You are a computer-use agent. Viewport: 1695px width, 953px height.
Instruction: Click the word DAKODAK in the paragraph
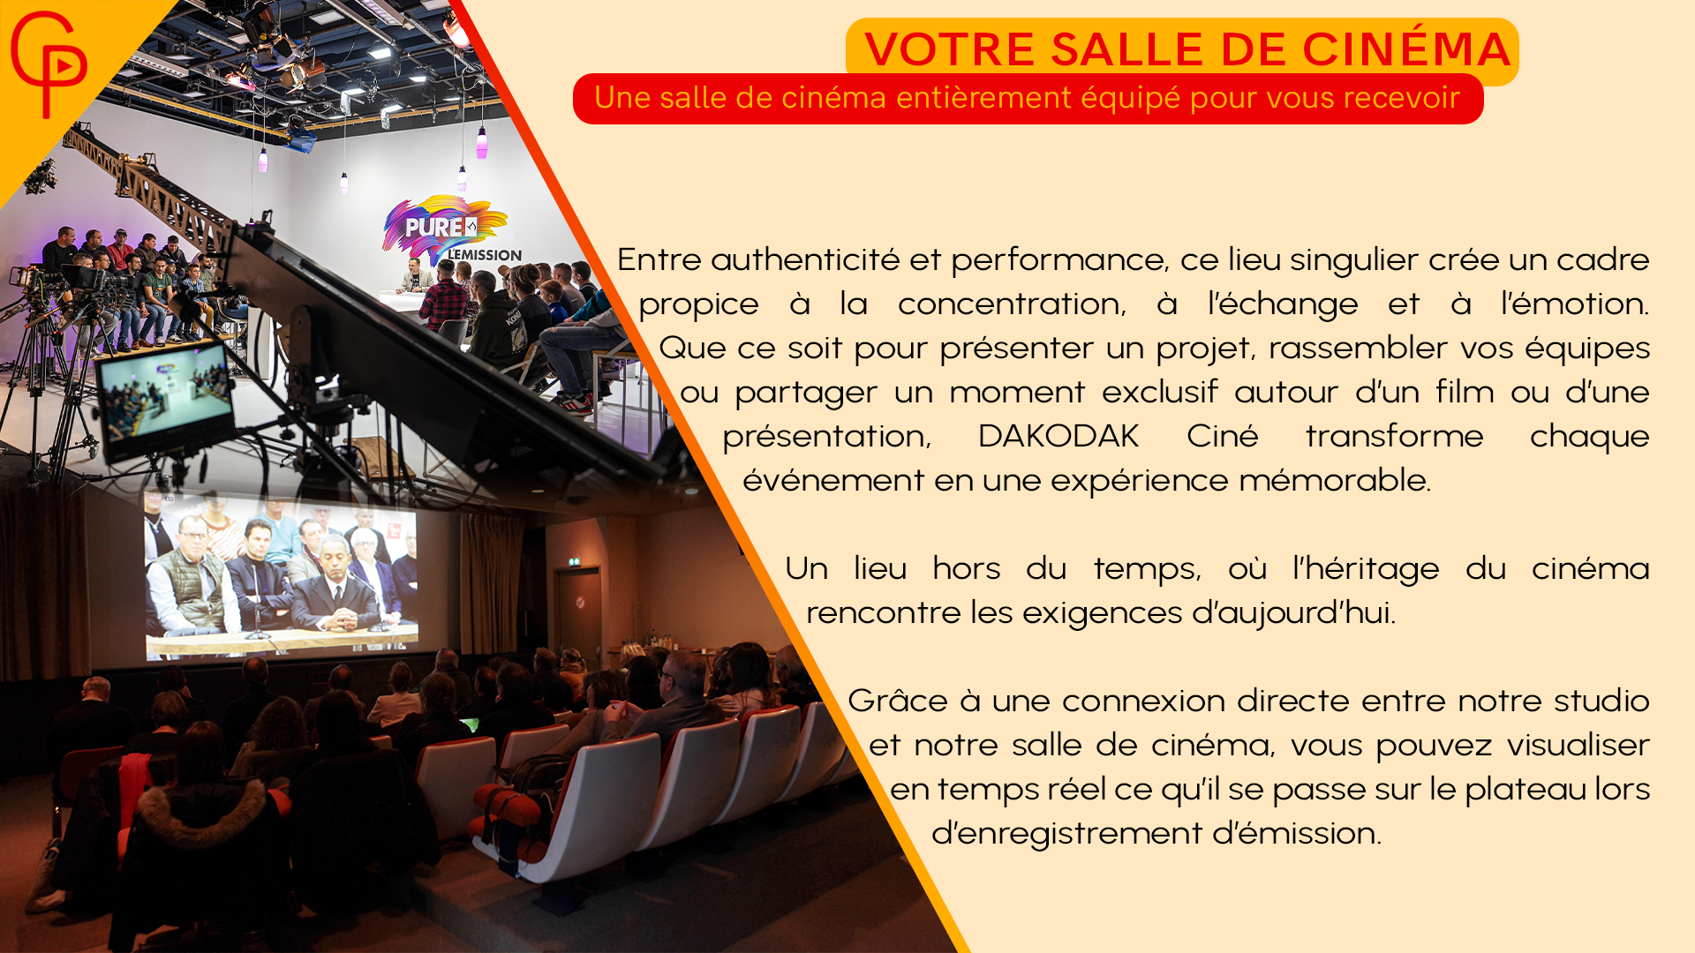point(1058,436)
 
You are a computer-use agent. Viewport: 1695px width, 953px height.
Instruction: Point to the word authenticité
point(805,259)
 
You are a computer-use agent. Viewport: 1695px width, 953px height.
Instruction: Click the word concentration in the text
point(1012,304)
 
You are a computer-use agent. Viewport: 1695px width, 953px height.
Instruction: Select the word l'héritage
point(1366,569)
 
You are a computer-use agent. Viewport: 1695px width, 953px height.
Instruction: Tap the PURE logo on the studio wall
point(446,228)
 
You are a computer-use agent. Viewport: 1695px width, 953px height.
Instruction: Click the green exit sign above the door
point(575,561)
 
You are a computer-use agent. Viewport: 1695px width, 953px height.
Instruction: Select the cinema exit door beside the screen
point(578,619)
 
